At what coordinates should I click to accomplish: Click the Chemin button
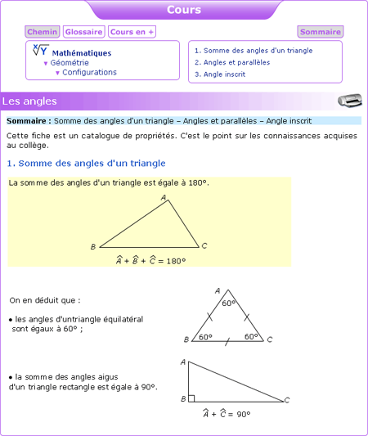tap(43, 32)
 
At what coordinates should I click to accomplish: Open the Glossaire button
tap(84, 32)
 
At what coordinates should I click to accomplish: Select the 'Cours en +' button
tap(132, 32)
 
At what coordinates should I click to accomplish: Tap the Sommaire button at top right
tap(320, 32)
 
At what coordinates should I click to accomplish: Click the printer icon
tap(349, 100)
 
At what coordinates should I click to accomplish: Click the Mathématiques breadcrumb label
tap(81, 52)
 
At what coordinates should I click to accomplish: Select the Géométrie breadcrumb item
tap(70, 62)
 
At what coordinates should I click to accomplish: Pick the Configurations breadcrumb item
tap(89, 72)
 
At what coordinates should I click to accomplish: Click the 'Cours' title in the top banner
tap(183, 10)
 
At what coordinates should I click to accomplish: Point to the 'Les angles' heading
tap(29, 101)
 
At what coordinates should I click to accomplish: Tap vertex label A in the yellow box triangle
tap(164, 198)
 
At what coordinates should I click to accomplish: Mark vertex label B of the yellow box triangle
tap(93, 246)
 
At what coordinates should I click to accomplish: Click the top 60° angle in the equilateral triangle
tap(227, 303)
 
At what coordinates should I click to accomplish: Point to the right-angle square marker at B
tap(191, 398)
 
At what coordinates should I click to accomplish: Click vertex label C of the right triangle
tap(287, 400)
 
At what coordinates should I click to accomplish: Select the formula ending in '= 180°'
tap(150, 261)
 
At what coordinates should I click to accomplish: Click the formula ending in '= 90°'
tap(227, 415)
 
